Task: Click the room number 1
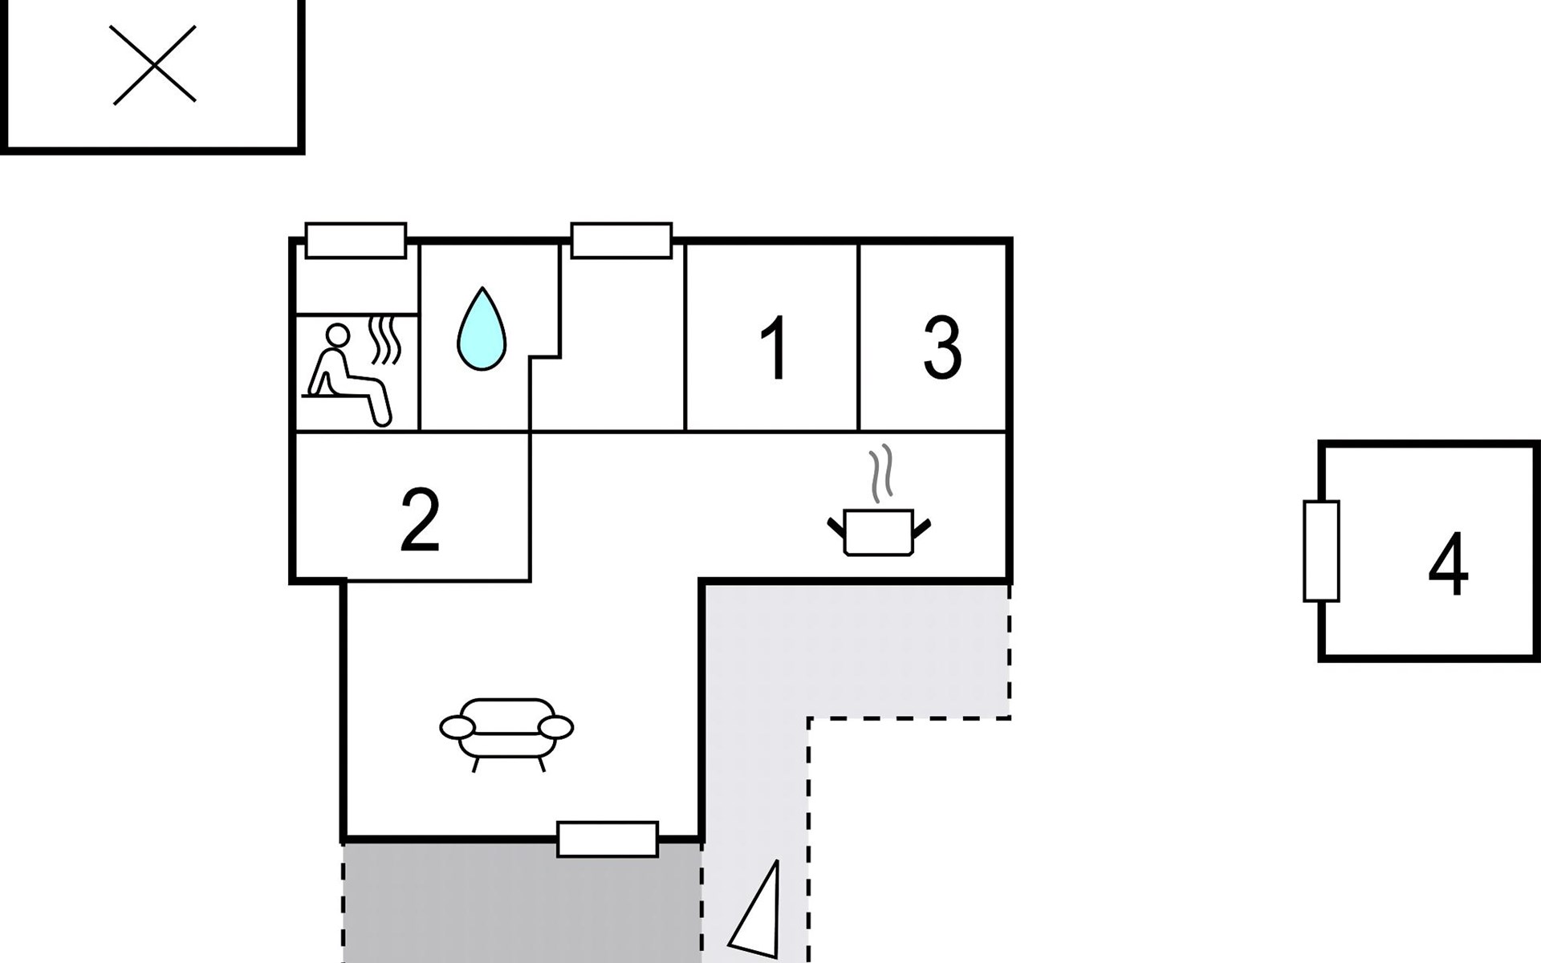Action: coord(774,347)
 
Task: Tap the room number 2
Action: coord(420,519)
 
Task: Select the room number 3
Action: coord(942,347)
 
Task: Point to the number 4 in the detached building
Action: coord(1448,563)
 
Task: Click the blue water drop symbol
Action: coord(482,329)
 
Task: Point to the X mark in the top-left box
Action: coord(153,64)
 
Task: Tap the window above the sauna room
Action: coord(356,240)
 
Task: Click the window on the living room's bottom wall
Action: coord(608,839)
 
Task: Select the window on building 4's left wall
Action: coord(1321,551)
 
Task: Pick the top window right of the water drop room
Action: coord(621,240)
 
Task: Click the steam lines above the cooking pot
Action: coord(881,473)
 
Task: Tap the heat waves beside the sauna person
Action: coord(384,340)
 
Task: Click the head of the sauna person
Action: coord(338,335)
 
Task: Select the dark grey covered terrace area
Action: coord(522,902)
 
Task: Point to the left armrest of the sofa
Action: coord(457,727)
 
